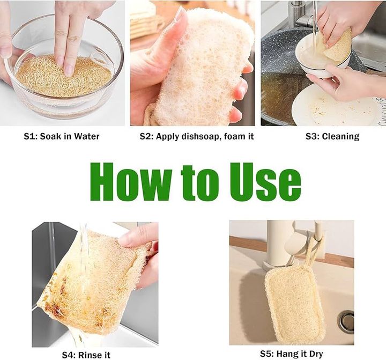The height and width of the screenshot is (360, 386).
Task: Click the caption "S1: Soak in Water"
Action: coord(62,136)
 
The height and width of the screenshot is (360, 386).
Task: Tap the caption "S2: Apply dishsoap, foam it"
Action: coord(197,136)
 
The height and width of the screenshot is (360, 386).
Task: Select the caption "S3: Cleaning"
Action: coord(332,136)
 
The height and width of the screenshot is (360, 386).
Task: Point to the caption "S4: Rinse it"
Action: coord(86,355)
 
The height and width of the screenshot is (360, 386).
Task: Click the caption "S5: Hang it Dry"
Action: coord(292,354)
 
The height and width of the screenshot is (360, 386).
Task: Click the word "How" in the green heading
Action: coord(131,182)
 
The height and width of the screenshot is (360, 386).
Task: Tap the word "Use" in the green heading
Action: coord(265,182)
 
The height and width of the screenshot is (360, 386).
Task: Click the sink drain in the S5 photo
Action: coord(346,321)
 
